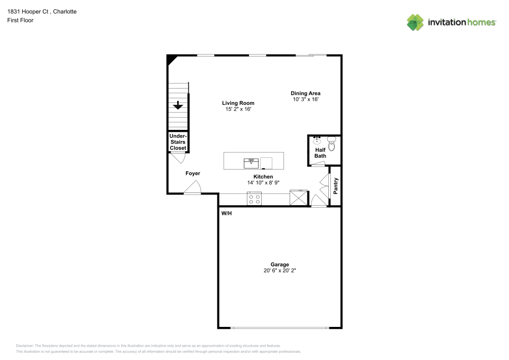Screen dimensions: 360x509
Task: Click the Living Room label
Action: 238,103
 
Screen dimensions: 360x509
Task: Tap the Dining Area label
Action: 305,93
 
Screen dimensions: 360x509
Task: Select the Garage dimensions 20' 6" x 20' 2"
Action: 279,271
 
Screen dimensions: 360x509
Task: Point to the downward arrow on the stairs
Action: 178,105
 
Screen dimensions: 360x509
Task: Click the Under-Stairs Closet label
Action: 178,142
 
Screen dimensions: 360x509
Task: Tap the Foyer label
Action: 192,174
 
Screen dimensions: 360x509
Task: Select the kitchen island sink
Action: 251,163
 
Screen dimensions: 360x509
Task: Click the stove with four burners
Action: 254,199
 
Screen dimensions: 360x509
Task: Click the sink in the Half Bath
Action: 317,141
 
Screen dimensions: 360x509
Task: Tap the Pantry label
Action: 335,186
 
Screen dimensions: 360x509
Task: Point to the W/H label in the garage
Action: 227,213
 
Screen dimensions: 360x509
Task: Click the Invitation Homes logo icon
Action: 415,22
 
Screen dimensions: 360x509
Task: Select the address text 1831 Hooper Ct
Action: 28,11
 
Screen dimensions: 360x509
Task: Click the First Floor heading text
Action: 20,20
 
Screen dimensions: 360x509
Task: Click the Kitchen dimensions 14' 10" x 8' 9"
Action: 263,182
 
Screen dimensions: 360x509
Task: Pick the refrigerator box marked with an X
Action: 299,198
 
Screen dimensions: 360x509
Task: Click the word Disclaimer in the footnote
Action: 24,345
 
